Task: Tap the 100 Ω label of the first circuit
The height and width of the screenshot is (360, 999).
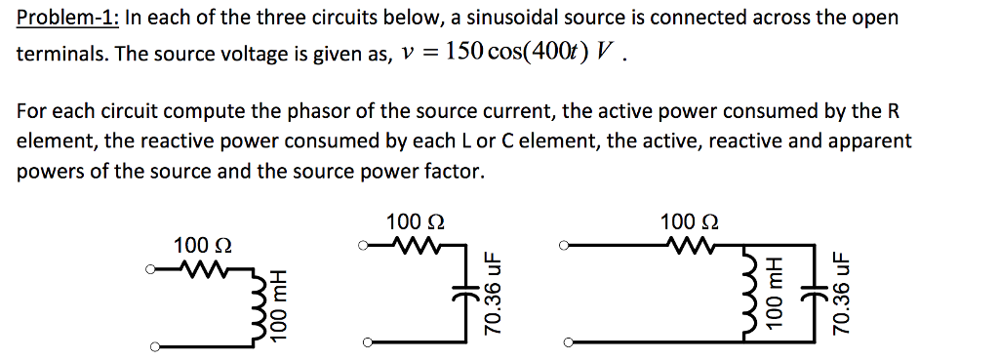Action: pyautogui.click(x=195, y=244)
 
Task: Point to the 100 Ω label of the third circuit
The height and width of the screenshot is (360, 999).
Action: pyautogui.click(x=689, y=221)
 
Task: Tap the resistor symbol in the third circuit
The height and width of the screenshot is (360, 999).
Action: pyautogui.click(x=690, y=244)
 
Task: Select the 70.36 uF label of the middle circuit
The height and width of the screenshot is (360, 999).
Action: pyautogui.click(x=495, y=293)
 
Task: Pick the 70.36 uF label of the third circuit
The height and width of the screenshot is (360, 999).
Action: pyautogui.click(x=845, y=293)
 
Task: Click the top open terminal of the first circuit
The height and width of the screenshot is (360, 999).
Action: pyautogui.click(x=152, y=269)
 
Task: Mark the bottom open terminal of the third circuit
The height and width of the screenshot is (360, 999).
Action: pyautogui.click(x=569, y=343)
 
